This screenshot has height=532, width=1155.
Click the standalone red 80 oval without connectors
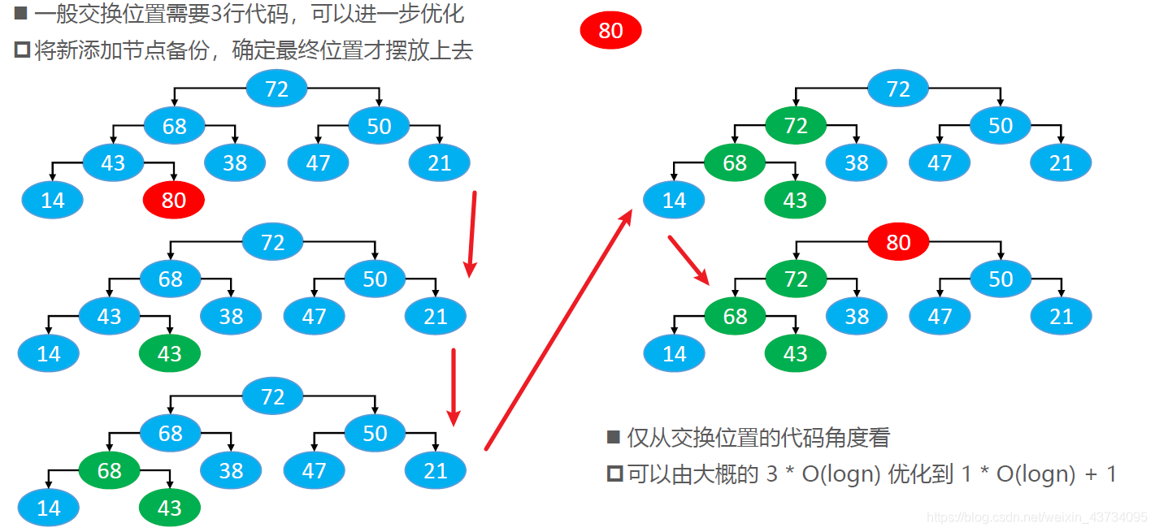point(610,31)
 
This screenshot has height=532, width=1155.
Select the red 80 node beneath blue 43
point(173,200)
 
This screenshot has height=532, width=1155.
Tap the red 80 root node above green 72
point(898,242)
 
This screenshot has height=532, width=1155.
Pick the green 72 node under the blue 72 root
point(796,126)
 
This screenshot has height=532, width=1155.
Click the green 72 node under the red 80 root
point(796,279)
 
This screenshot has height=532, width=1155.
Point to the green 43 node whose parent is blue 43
point(169,353)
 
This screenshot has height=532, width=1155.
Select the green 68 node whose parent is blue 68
point(109,470)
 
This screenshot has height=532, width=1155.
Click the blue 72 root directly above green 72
point(898,89)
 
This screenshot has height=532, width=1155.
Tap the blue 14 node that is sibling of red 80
point(52,200)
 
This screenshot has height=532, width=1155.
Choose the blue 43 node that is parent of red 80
point(113,162)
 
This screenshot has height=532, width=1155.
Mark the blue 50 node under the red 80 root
point(1001,279)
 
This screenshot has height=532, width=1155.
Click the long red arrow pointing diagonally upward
point(558,329)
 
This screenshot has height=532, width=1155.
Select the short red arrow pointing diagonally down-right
point(688,259)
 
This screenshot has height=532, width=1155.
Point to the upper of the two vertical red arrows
point(471,234)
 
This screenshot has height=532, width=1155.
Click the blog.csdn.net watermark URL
point(1037,517)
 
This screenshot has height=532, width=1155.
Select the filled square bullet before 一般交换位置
point(21,14)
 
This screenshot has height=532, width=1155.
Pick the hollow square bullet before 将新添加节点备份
point(22,50)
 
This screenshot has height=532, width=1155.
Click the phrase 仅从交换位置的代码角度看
point(758,438)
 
